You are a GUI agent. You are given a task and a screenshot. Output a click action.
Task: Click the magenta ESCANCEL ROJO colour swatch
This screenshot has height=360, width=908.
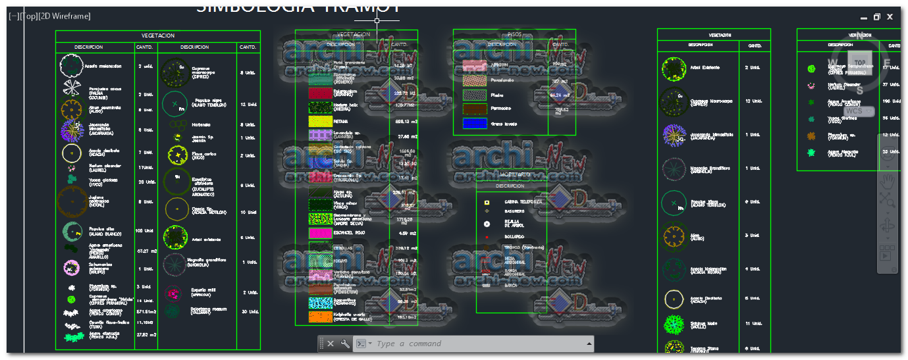click(x=320, y=233)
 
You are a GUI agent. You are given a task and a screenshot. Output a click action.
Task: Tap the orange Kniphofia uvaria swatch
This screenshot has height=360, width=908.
click(x=320, y=317)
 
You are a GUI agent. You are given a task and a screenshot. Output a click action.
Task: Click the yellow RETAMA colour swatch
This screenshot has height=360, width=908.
click(x=320, y=122)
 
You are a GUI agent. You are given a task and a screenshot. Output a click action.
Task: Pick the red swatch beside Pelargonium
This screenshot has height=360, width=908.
click(x=320, y=93)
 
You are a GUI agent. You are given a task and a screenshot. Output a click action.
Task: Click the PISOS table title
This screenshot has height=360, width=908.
click(x=514, y=34)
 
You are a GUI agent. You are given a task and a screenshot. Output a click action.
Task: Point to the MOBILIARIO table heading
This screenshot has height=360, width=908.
click(x=514, y=174)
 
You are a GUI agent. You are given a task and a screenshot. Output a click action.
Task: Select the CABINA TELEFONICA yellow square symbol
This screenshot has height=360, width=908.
click(x=487, y=202)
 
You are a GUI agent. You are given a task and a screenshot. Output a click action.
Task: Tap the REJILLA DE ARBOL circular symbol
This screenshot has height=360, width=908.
click(x=487, y=224)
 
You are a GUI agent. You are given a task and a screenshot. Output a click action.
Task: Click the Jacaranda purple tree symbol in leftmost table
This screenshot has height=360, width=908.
click(x=71, y=130)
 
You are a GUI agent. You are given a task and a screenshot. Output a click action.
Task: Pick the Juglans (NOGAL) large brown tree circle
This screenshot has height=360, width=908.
click(x=72, y=201)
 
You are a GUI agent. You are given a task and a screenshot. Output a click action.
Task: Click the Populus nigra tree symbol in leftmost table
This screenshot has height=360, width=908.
click(x=174, y=104)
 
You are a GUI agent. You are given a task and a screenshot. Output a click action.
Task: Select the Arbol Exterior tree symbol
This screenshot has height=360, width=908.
click(x=674, y=68)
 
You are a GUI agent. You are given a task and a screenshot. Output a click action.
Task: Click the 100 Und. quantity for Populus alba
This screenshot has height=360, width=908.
click(x=145, y=231)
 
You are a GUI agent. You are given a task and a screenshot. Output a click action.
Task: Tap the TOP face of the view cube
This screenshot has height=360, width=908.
click(x=860, y=62)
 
